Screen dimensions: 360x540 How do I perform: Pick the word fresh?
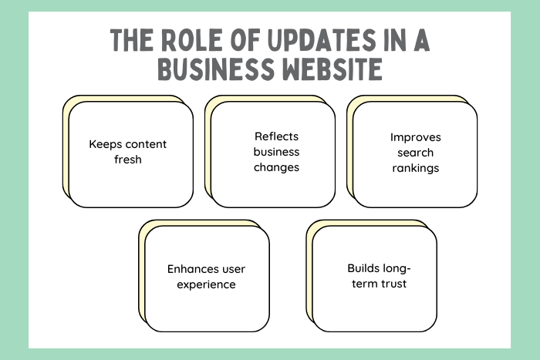coord(127,160)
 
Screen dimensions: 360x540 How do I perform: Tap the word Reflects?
coord(276,136)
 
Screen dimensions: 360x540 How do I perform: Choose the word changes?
coord(276,167)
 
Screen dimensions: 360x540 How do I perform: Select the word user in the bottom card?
coord(231,269)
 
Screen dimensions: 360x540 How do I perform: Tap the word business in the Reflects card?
coord(276,152)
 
